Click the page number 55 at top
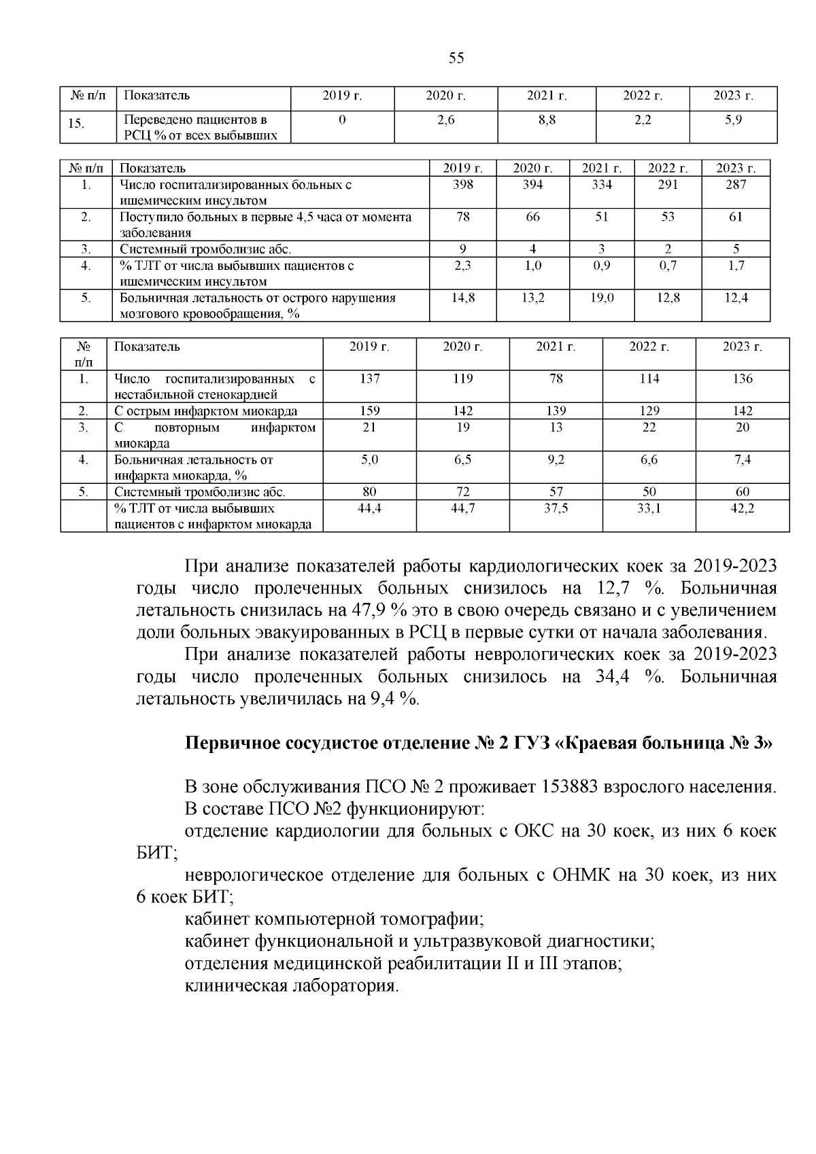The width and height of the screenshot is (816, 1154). tap(456, 58)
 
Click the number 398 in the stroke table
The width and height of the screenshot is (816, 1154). tap(462, 185)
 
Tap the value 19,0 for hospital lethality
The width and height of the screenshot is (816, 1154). tap(601, 298)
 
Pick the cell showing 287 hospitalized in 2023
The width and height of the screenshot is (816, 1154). tap(735, 185)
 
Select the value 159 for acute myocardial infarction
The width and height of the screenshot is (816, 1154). tap(369, 411)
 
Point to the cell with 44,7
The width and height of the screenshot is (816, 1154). tap(462, 508)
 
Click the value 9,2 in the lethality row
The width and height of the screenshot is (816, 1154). tap(556, 460)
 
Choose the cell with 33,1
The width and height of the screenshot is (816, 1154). tap(649, 508)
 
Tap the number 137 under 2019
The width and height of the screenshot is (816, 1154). tap(369, 379)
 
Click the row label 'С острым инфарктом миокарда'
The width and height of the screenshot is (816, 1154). tap(205, 411)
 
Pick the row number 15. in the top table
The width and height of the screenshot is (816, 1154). tap(77, 124)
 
